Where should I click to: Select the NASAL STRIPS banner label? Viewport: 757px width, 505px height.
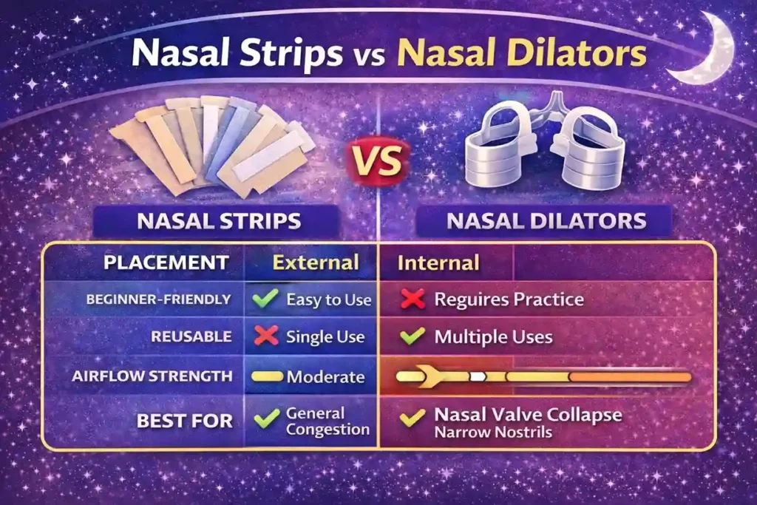coord(216,220)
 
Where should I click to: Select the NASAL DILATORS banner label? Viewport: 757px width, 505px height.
coord(543,220)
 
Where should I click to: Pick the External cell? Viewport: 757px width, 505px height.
coord(316,262)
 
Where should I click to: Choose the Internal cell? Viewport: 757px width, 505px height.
coord(438,262)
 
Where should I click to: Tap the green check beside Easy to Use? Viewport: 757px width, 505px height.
coord(265,299)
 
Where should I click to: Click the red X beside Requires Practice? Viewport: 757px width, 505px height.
coord(412,299)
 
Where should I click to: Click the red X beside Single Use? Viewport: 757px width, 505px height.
coord(265,336)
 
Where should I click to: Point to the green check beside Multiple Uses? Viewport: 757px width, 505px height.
coord(412,336)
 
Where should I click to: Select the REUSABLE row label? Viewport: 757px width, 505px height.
coord(191,336)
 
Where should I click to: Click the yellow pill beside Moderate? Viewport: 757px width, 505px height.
coord(267,376)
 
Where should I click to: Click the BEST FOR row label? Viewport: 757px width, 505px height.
coord(184,421)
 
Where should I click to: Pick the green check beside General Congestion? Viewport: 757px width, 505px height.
coord(265,420)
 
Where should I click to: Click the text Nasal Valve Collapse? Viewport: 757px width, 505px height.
coord(528,414)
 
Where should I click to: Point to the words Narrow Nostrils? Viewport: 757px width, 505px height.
coord(493,432)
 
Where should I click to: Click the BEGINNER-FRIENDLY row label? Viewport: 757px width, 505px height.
coord(158,299)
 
